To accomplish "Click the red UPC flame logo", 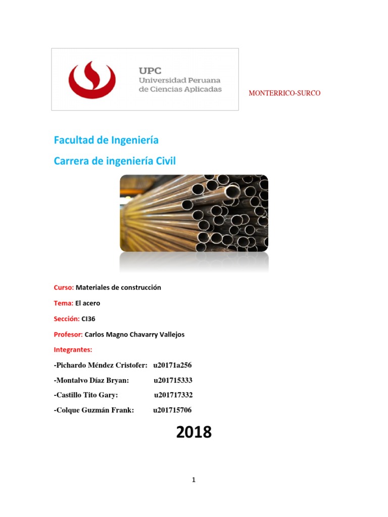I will (x=92, y=80).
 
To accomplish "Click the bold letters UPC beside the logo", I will (x=151, y=71).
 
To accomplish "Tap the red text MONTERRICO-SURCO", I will (x=285, y=93).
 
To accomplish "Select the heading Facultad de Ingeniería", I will (x=106, y=140).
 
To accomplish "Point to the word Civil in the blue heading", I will (x=166, y=161).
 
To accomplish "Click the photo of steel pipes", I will (x=194, y=213).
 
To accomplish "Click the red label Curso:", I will (x=64, y=287).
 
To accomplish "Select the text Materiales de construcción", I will (x=118, y=287).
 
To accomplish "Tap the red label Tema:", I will (x=63, y=303).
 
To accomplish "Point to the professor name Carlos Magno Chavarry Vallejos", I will (x=134, y=334).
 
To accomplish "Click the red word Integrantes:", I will (x=73, y=349).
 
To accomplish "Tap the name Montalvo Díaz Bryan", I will (x=92, y=380).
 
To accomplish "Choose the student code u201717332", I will (x=173, y=395).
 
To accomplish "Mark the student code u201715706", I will (x=172, y=410).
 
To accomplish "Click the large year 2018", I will (x=194, y=433).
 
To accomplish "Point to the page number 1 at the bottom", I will (x=193, y=480).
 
